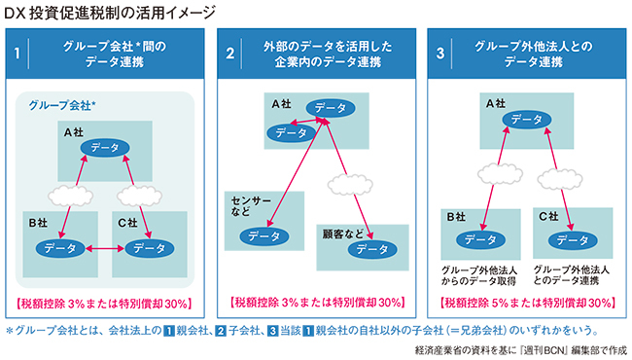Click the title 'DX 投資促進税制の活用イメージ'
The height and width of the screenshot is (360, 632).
tap(110, 13)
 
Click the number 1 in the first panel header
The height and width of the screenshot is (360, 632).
tap(17, 54)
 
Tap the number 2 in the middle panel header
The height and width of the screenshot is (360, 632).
tap(229, 54)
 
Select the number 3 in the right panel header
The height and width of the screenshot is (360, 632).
tap(440, 54)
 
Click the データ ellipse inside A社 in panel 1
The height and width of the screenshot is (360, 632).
tap(105, 148)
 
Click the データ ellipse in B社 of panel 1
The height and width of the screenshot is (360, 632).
tap(60, 248)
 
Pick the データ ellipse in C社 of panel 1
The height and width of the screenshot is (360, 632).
tap(150, 248)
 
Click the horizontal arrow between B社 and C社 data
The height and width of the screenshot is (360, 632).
tap(105, 249)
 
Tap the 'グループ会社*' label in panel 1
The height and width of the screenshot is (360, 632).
tap(62, 106)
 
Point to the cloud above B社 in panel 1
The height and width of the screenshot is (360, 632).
tap(71, 197)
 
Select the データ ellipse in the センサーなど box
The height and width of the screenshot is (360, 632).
tap(264, 236)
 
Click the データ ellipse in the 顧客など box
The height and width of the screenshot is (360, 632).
tap(372, 249)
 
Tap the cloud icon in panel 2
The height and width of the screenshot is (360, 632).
tap(350, 185)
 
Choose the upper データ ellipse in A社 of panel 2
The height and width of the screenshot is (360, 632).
tap(331, 108)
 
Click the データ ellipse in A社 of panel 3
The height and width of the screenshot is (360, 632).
tap(527, 120)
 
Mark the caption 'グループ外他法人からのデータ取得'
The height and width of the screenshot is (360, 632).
tap(478, 275)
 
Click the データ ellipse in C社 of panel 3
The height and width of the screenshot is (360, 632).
tap(573, 240)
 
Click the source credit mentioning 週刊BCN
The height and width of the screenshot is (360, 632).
tap(521, 350)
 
